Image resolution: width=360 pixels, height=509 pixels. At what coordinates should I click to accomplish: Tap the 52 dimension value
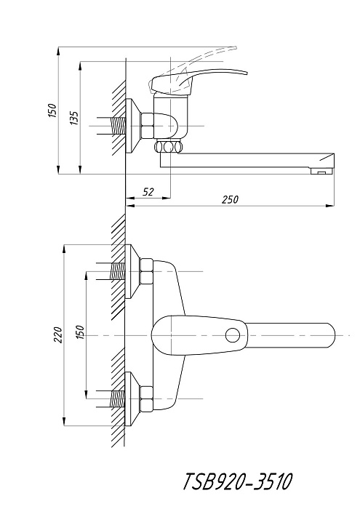click(x=148, y=192)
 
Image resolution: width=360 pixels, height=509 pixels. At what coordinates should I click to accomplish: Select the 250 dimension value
click(x=230, y=199)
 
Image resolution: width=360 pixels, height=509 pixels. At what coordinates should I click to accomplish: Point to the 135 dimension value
click(x=74, y=118)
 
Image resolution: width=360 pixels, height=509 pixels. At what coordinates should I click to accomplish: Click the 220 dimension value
click(x=57, y=335)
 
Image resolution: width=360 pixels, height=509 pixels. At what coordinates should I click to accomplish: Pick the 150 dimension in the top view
click(x=80, y=332)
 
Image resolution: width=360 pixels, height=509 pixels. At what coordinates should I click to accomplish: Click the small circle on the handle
click(x=233, y=335)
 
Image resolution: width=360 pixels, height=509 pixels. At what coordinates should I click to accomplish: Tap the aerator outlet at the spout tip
click(x=321, y=171)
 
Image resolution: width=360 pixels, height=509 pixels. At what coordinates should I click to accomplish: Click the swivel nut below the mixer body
click(x=167, y=147)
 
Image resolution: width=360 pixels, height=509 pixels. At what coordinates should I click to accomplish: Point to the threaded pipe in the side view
click(x=119, y=126)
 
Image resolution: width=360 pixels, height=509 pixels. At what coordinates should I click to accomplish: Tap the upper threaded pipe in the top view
click(x=118, y=271)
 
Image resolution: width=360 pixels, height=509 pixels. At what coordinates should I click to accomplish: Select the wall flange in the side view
click(x=132, y=126)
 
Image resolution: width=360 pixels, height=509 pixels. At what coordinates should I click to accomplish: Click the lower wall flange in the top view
click(x=132, y=399)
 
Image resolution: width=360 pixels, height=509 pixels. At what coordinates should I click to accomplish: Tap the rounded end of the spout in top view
click(x=330, y=335)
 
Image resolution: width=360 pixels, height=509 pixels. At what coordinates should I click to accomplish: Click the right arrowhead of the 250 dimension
click(x=330, y=205)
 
